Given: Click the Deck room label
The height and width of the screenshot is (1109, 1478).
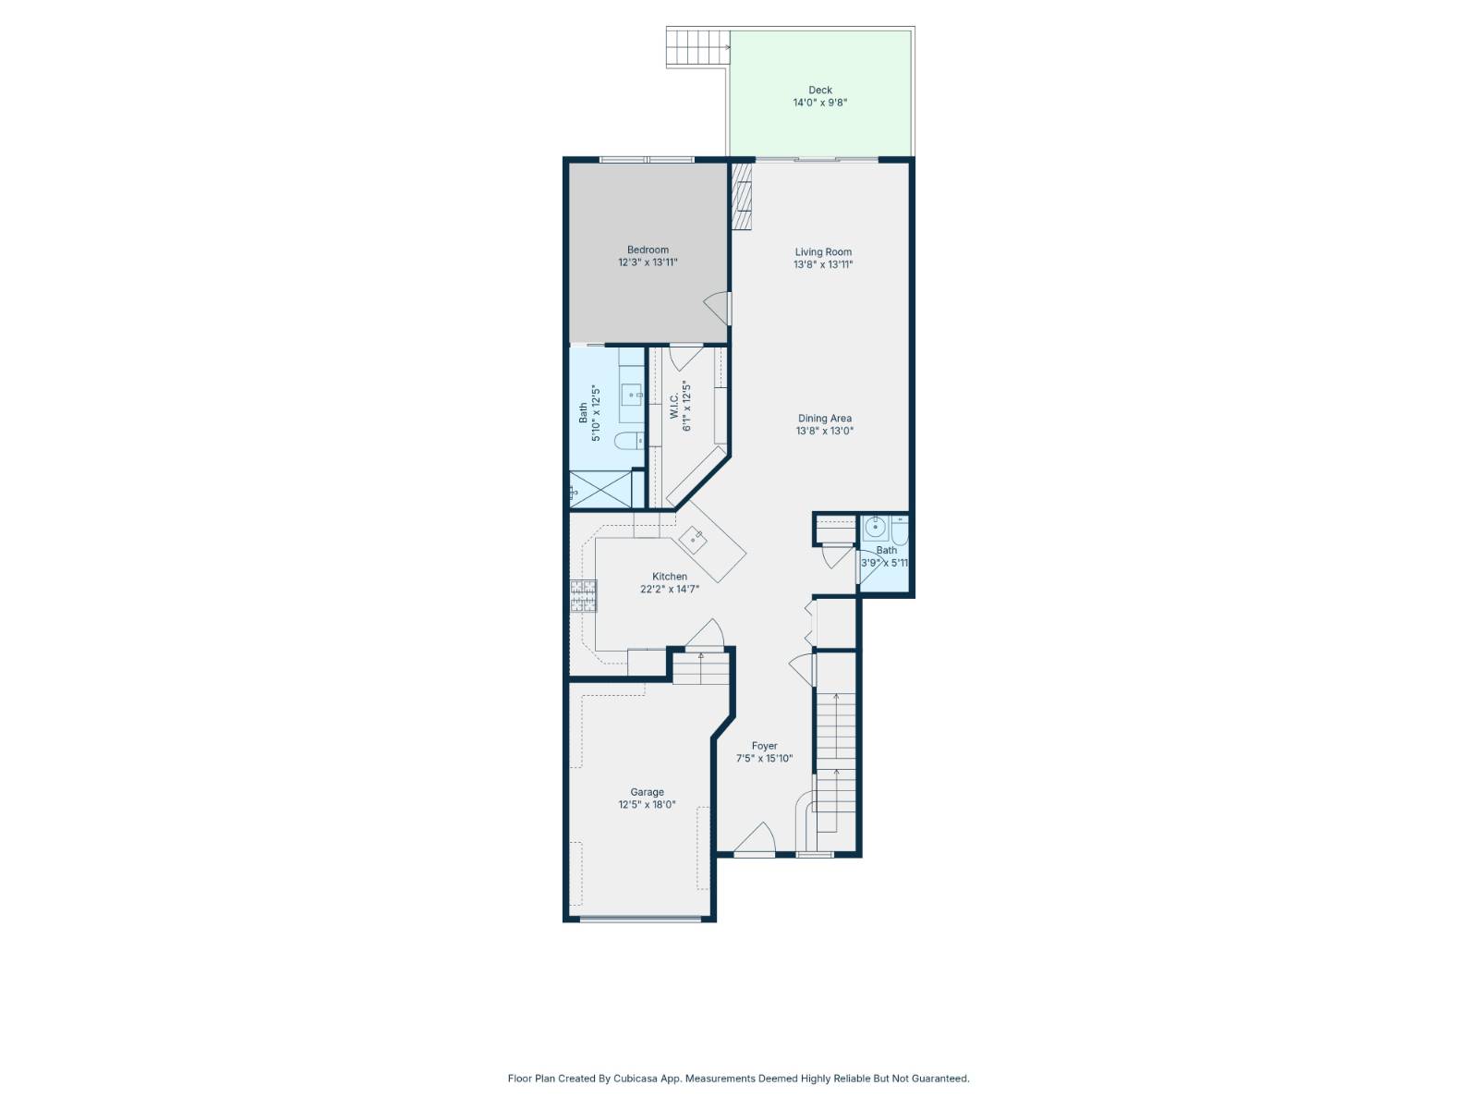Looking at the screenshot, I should pos(820,91).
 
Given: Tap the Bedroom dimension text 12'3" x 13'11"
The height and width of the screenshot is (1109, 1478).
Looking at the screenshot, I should pos(648,262).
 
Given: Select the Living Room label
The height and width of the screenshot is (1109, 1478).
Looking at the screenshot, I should pos(823,251).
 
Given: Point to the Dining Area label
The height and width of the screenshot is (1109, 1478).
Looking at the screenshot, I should pos(825,419).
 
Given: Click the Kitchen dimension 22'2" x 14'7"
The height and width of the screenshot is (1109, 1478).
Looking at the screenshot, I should pos(670,589).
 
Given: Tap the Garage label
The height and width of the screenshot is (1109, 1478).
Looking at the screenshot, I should pos(647,792).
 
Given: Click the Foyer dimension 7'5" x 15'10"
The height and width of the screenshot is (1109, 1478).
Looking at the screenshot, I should pos(764,759).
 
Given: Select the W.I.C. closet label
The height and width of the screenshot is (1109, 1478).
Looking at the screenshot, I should pos(674,407).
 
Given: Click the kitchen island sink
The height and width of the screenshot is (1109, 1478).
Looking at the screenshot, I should pos(693,537).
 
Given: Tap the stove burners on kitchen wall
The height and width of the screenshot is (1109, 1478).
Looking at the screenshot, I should pos(583,596).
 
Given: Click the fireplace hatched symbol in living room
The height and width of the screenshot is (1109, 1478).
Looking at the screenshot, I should pos(742,197).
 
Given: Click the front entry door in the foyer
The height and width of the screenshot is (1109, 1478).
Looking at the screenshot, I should pos(754,839).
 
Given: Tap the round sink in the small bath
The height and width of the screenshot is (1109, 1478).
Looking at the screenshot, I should pos(875,529).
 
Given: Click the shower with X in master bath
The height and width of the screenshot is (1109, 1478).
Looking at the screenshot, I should pos(600,489).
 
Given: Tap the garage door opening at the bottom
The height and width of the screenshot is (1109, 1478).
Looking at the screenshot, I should pos(640,919).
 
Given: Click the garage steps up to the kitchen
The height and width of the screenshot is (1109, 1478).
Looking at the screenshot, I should pos(700,668).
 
